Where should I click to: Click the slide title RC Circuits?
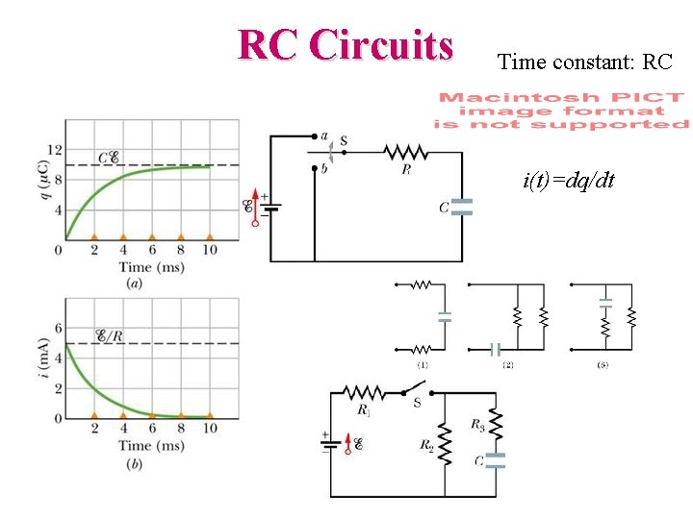pyautogui.click(x=346, y=44)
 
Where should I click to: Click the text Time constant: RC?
pyautogui.click(x=584, y=63)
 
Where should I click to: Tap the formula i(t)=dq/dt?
pyautogui.click(x=570, y=180)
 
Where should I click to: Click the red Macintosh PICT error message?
pyautogui.click(x=561, y=111)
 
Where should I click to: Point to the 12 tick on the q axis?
pyautogui.click(x=54, y=149)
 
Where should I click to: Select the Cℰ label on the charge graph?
pyautogui.click(x=109, y=158)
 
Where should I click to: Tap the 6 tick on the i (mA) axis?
pyautogui.click(x=57, y=328)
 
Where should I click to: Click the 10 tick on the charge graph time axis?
pyautogui.click(x=209, y=250)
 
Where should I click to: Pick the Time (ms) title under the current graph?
pyautogui.click(x=152, y=445)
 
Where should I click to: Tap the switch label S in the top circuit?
pyautogui.click(x=344, y=141)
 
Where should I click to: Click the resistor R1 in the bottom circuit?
pyautogui.click(x=364, y=393)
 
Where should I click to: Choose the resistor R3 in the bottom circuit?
pyautogui.click(x=495, y=422)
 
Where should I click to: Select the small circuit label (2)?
pyautogui.click(x=507, y=366)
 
